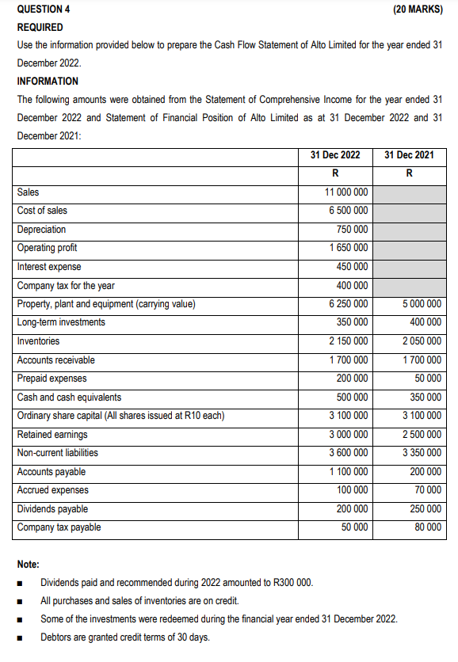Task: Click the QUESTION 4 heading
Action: coord(44,10)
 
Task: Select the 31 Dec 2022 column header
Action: coord(335,154)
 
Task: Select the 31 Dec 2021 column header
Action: coord(409,154)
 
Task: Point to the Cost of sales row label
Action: coord(42,211)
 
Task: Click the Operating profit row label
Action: coord(47,248)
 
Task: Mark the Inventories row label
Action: coord(38,341)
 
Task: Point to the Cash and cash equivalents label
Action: coord(69,398)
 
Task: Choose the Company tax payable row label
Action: coord(59,527)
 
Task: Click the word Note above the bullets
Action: coord(29,565)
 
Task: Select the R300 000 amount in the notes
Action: coord(292,583)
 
